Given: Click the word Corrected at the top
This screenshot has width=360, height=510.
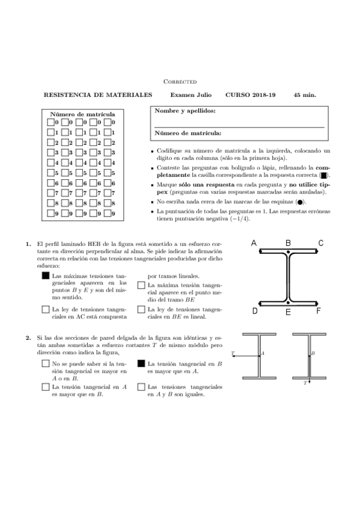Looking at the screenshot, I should coord(180,81).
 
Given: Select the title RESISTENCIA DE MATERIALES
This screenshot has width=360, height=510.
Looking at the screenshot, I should coord(98,95).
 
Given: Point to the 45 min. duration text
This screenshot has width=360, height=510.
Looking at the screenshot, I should coord(305,95).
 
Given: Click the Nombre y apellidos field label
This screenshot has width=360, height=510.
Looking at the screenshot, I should coord(185,111).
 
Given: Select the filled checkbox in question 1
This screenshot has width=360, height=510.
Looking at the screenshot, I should coord(46,275).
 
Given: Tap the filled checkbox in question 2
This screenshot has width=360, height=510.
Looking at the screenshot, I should coord(141,364).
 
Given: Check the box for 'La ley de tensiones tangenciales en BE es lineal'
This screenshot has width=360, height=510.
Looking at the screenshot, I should coord(141,310).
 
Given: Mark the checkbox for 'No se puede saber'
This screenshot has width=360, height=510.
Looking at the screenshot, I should coord(46,364).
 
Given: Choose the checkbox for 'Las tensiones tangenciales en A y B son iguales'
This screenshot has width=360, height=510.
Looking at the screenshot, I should coord(141,387).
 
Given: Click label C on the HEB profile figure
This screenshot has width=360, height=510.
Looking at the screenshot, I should coord(320,243).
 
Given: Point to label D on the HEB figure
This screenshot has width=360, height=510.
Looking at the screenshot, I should coord(255,311).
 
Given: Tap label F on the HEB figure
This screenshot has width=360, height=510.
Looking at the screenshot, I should coord(319,311).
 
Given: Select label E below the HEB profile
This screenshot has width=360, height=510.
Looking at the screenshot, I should coord(288,312).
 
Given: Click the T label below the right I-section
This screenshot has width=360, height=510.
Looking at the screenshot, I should coord(305,382).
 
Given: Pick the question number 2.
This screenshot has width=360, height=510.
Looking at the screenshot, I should coord(28,338).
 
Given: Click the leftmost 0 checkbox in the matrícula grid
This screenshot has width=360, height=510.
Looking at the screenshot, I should coord(50,122).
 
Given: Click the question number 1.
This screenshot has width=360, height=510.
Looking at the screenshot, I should coord(28,244).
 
